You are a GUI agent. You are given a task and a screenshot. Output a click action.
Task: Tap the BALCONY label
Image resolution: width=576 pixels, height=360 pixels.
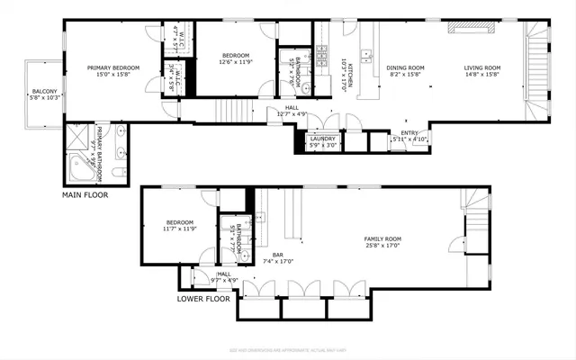coord(45,91)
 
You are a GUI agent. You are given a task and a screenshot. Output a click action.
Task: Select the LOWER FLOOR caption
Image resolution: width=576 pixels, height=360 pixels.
coord(202,300)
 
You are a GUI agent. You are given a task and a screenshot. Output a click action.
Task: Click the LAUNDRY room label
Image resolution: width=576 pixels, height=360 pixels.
coord(322,139)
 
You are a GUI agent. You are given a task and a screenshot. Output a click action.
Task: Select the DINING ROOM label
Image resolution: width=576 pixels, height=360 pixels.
coord(404,67)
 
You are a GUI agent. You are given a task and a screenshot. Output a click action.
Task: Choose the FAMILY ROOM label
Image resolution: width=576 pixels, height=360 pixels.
coord(382,239)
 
